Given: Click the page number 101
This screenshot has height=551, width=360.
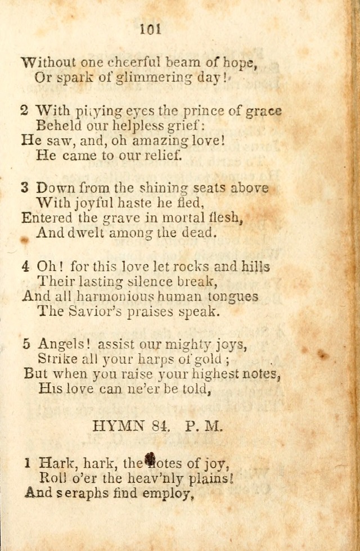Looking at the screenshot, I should tap(150, 29).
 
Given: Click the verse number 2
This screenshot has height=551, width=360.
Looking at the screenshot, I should tap(24, 111).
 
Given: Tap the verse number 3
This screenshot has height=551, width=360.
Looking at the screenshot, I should tap(24, 188).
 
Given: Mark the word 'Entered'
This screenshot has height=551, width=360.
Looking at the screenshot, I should tap(47, 218).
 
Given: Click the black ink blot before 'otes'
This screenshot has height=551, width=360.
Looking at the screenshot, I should tap(150, 461).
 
